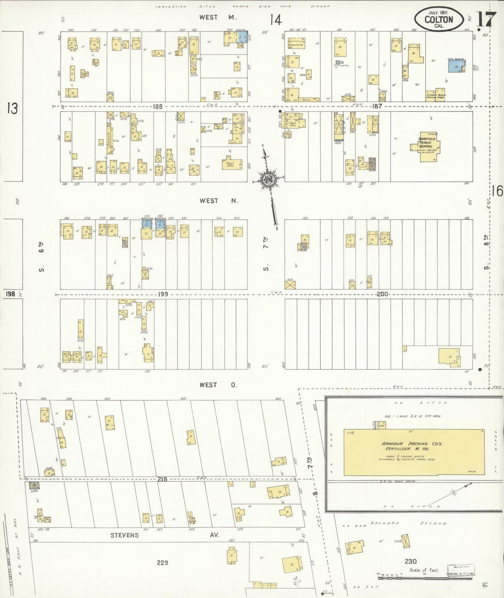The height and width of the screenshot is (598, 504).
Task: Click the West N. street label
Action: click(x=219, y=201)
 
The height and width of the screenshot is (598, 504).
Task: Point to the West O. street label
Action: click(x=218, y=385)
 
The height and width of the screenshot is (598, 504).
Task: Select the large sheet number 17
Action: click(x=486, y=20)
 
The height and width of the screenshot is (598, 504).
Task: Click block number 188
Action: click(x=158, y=107)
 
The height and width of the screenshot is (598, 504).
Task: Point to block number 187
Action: click(x=377, y=106)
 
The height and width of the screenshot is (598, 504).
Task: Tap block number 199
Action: click(x=163, y=294)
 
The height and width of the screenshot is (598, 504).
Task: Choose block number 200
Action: click(x=382, y=294)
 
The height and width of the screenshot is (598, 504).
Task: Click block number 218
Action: click(x=162, y=479)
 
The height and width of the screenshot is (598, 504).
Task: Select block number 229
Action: click(x=163, y=562)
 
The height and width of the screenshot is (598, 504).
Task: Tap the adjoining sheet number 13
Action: click(x=12, y=109)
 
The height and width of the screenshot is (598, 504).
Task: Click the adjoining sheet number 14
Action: click(x=275, y=20)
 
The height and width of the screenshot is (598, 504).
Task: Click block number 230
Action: click(x=411, y=561)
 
